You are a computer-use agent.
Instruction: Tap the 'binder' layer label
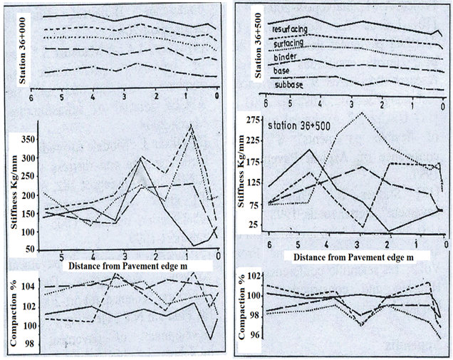[x=286, y=57]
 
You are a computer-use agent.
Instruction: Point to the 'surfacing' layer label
[x=289, y=43]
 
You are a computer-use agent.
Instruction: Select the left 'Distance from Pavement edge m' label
[x=132, y=265]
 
